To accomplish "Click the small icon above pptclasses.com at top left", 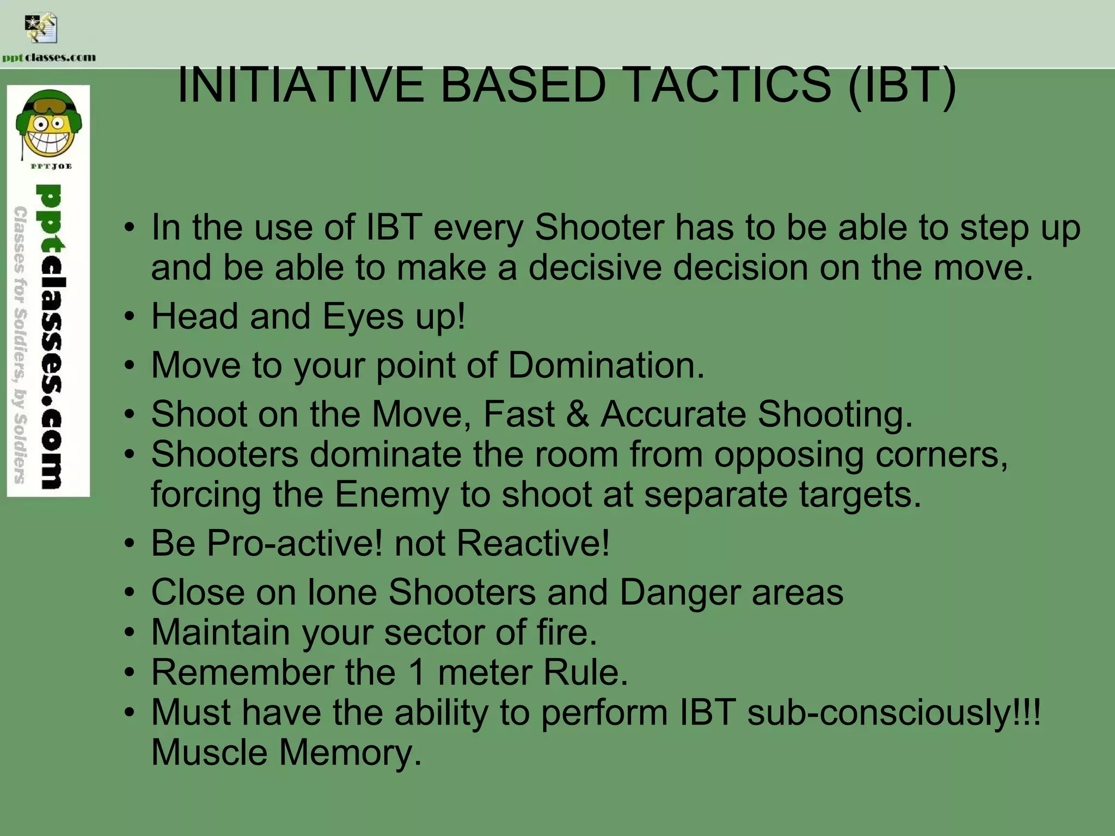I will pos(41,28).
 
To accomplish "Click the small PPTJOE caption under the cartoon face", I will pos(51,166).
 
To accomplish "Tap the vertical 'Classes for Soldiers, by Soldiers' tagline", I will pos(21,344).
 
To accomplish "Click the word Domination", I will pos(606,365).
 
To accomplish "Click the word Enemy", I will pos(392,494).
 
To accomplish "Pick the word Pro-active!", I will pos(294,543).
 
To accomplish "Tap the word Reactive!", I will pos(533,543).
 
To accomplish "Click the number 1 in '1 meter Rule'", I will pos(418,672).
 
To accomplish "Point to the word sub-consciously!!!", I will pos(893,712).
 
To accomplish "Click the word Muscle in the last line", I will pos(209,753).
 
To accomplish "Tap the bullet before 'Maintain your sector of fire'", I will pos(129,633).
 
